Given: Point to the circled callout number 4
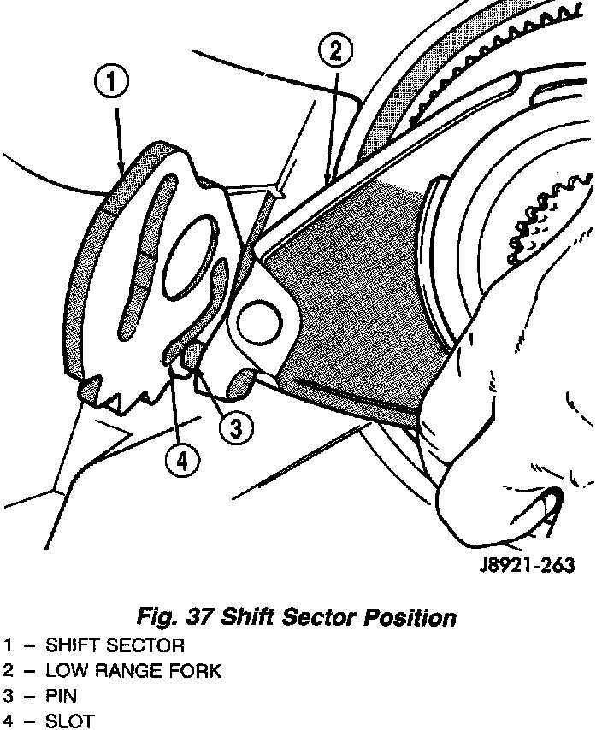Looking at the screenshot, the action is coord(181,462).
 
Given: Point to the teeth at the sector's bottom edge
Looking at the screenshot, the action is coord(120,395).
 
